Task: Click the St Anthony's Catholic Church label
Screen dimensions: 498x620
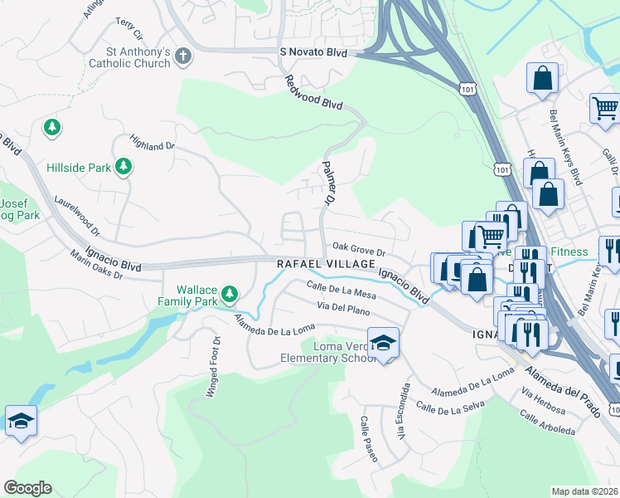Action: click(129, 57)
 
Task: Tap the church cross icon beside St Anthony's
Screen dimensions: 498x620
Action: click(183, 57)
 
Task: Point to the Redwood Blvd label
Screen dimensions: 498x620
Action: click(313, 93)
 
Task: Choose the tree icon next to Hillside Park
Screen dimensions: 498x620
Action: click(124, 167)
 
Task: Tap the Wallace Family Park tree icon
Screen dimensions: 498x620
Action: click(230, 294)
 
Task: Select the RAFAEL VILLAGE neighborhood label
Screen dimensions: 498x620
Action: click(326, 263)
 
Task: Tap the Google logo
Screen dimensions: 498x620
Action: click(27, 487)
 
